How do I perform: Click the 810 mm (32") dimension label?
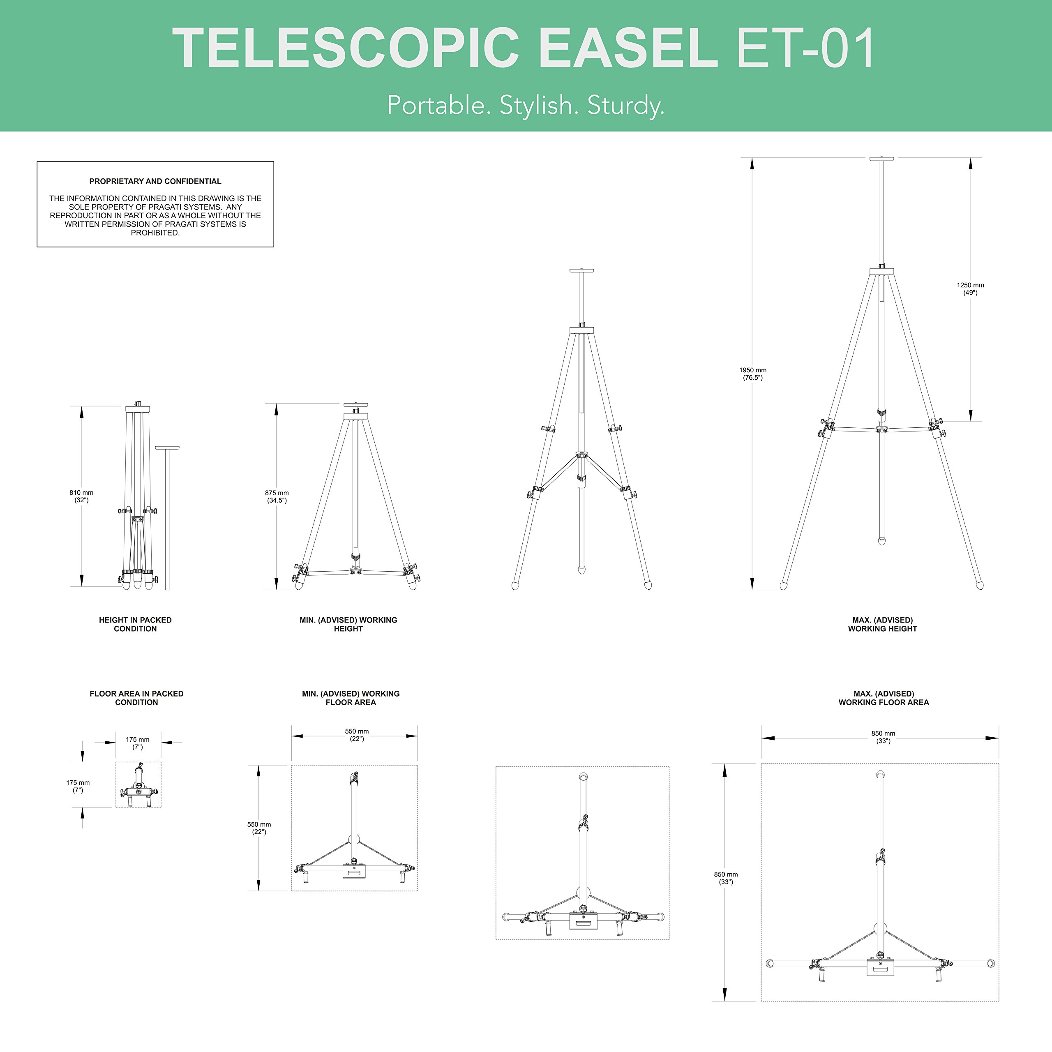coord(81,496)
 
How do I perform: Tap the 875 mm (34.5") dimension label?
coord(277,496)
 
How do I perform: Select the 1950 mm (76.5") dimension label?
coord(752,374)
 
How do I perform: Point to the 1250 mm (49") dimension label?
coord(970,288)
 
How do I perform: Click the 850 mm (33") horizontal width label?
coord(883,737)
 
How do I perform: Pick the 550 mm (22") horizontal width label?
coord(357,734)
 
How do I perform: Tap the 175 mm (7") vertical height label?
coord(78,786)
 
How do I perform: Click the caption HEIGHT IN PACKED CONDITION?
coord(135,624)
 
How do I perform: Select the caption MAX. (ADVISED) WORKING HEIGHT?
coord(882,624)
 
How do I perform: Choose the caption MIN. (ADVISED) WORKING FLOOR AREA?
coord(351,697)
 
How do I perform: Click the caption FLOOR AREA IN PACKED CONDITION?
coord(136,697)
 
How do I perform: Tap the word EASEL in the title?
coord(628,48)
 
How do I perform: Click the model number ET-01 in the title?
coord(805,48)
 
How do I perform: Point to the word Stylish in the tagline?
coord(535,105)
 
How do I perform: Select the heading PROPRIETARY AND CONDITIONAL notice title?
coord(155,181)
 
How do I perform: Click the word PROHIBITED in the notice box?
coord(155,233)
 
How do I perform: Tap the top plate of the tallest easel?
coord(881,159)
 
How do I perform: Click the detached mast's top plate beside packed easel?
coord(167,448)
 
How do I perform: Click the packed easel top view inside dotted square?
coord(138,784)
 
